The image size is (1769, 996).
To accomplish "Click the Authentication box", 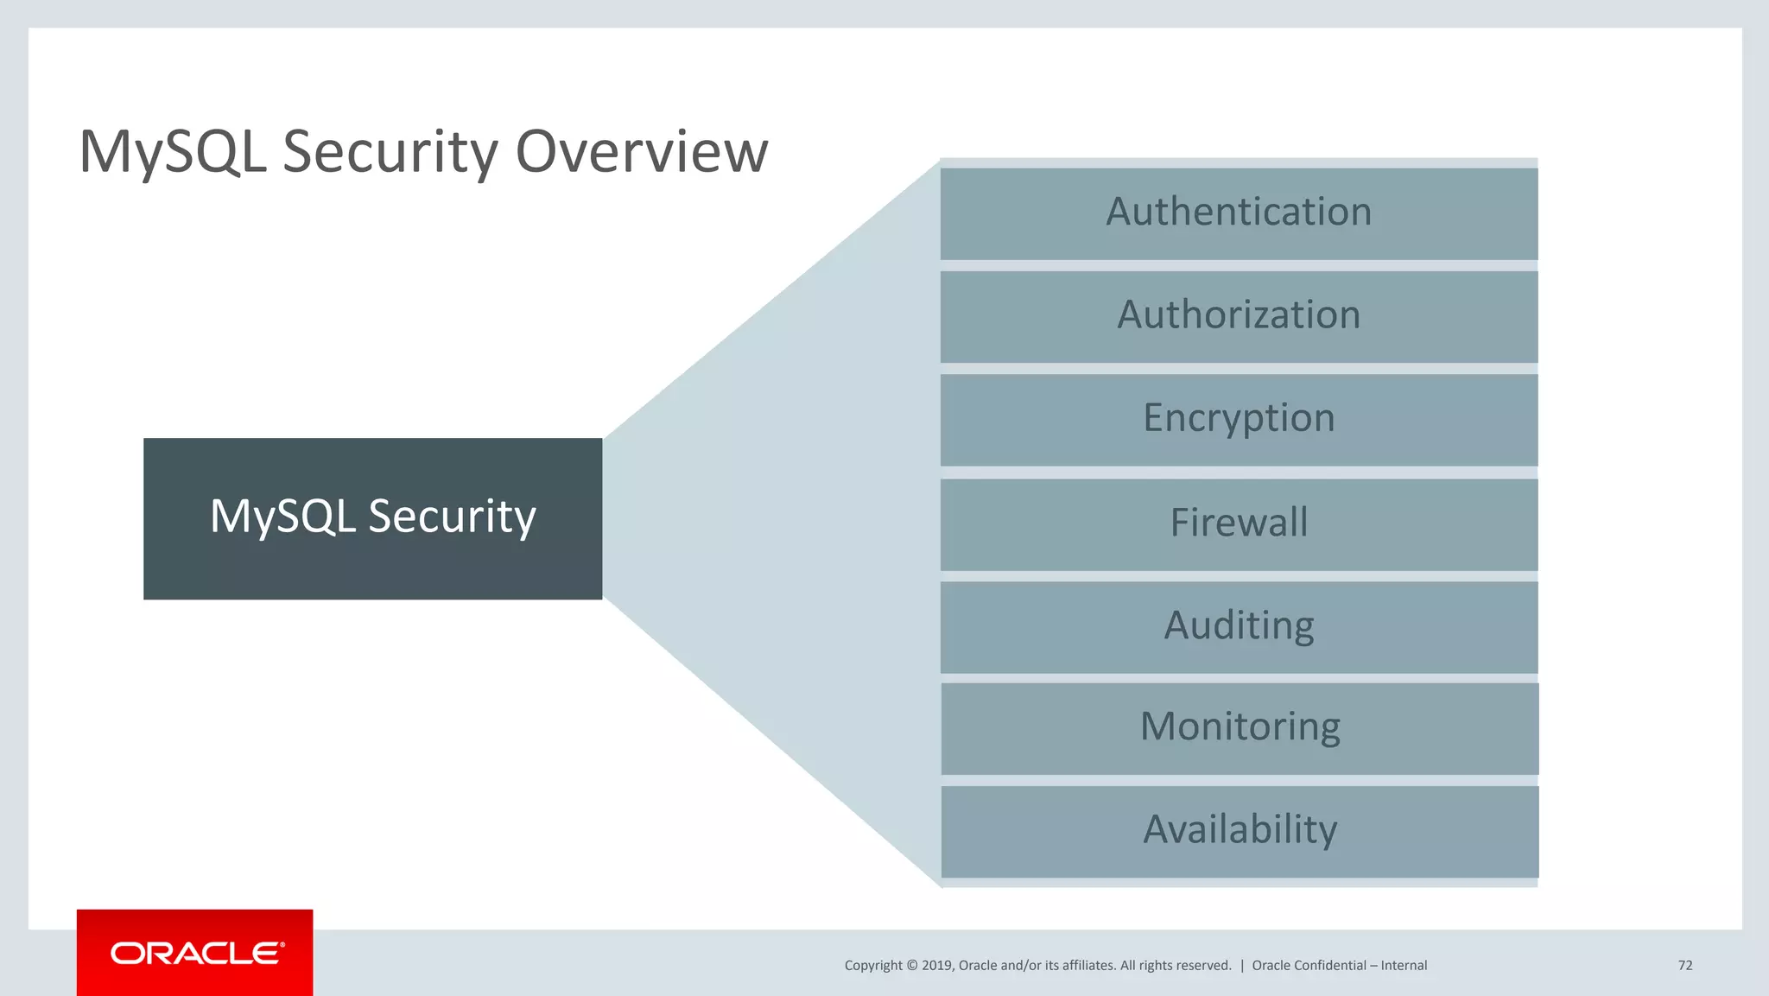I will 1239,213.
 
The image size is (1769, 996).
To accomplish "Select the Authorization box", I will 1239,316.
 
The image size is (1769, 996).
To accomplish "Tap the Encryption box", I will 1239,420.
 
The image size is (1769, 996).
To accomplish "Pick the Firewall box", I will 1239,524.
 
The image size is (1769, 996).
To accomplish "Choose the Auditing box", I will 1239,627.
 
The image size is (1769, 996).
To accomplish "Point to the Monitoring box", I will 1240,728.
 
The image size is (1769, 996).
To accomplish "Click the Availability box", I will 1240,831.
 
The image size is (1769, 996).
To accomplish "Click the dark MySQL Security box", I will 372,518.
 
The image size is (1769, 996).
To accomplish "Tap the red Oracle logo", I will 195,953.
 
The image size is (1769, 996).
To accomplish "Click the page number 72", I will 1684,966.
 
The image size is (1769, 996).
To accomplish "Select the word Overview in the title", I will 641,152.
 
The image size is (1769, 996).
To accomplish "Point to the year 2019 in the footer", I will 936,966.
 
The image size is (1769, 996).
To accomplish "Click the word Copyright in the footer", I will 872,966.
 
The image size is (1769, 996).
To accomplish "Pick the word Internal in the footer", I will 1404,966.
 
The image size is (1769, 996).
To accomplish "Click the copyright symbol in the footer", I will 911,966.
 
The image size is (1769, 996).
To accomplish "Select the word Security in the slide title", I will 390,152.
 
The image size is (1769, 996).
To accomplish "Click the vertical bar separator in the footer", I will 1242,966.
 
